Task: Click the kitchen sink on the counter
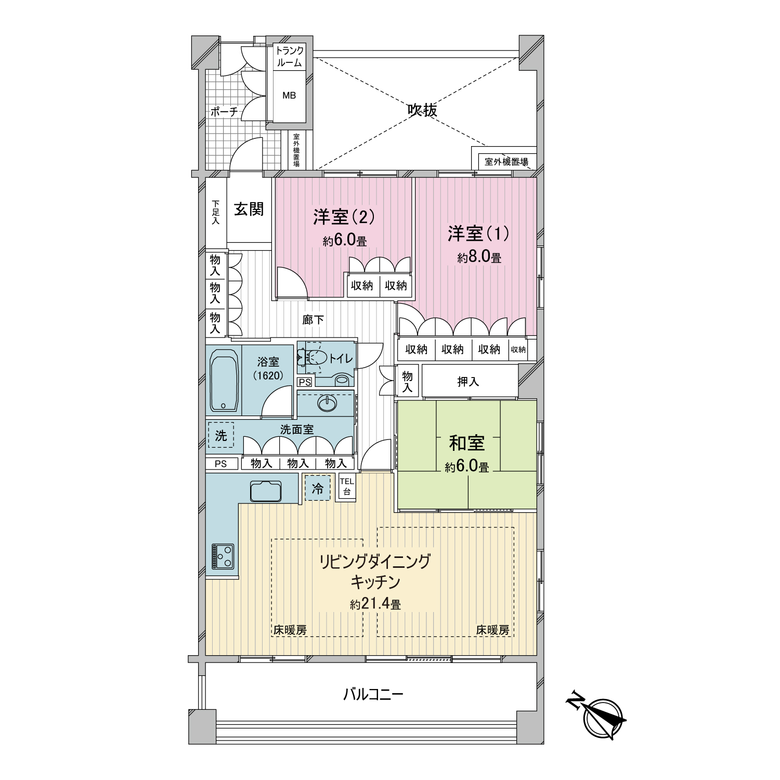point(266,490)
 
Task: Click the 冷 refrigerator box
point(317,488)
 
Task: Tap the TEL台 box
point(346,487)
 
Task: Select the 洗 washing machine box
point(221,435)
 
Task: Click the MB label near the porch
point(289,96)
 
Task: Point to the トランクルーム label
point(289,57)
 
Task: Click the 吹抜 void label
point(422,110)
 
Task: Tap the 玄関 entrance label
point(249,209)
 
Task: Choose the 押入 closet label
point(468,382)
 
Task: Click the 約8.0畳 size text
point(479,257)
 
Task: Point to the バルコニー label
point(373,694)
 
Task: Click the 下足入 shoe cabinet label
point(215,213)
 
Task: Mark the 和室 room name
point(467,443)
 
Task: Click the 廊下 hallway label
point(313,320)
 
